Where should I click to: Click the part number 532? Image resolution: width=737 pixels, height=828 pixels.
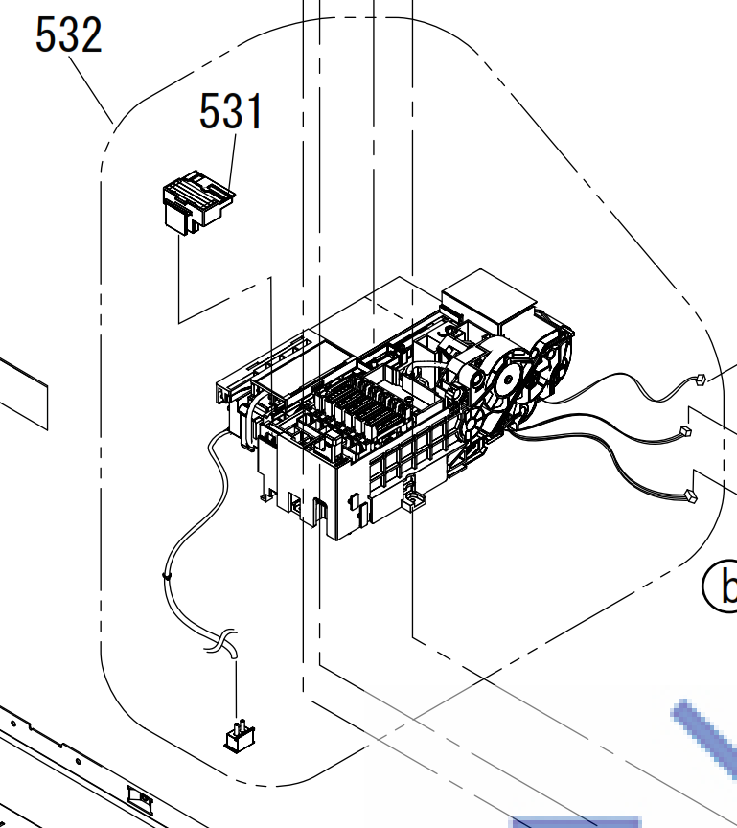coord(69,34)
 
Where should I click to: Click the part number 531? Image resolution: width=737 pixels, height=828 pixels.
coord(231,111)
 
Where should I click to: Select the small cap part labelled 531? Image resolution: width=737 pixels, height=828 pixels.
coord(198,201)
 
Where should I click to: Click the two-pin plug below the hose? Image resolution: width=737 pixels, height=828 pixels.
coord(240,736)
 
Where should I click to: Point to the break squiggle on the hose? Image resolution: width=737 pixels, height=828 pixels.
coord(221,641)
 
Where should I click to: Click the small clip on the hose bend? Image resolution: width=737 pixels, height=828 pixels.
coord(167,576)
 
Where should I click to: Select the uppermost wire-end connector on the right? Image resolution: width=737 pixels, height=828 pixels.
coord(700,379)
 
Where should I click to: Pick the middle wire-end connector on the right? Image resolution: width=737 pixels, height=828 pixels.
coord(686,431)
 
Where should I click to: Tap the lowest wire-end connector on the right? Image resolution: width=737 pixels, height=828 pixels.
coord(690,495)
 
